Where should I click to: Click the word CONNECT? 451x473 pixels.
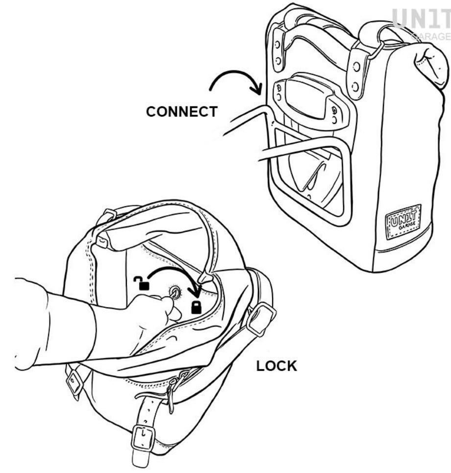coord(181,112)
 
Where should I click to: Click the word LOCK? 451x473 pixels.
coord(276,366)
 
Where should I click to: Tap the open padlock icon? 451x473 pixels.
coord(142,283)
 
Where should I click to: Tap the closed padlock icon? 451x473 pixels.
coord(196,307)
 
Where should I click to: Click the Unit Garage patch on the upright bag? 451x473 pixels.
coord(404,221)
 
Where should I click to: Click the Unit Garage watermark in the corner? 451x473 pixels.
coord(422,24)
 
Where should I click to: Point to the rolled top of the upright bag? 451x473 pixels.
coord(429,65)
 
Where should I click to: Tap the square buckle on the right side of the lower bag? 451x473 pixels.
coord(261,319)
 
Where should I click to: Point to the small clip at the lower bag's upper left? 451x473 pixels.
coord(103,241)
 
